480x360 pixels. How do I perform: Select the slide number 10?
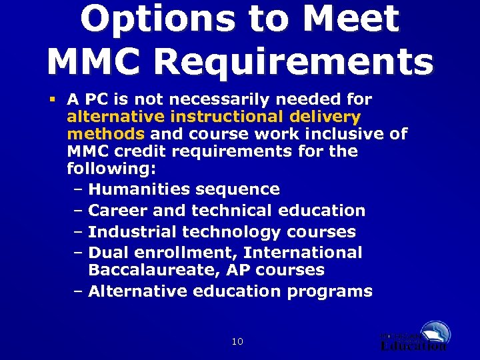coord(237,342)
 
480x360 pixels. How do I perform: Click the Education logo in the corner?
coord(414,336)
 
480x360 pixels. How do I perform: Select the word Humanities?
coord(136,190)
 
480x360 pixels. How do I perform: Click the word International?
coord(303,253)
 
